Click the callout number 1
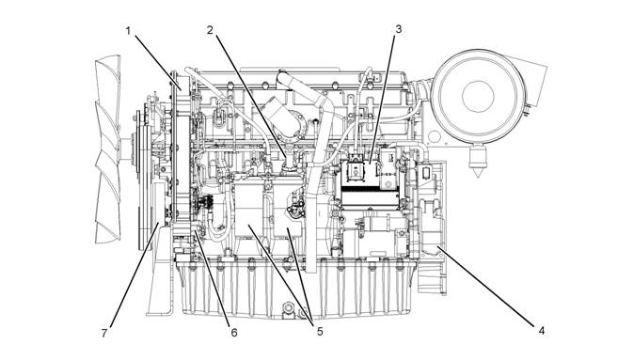(x=128, y=31)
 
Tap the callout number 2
(x=210, y=30)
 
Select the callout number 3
(x=399, y=29)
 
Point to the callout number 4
(x=542, y=331)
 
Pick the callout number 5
(x=320, y=332)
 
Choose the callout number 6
(x=234, y=333)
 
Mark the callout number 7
(x=104, y=333)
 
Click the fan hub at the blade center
(x=126, y=150)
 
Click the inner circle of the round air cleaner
(x=478, y=97)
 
